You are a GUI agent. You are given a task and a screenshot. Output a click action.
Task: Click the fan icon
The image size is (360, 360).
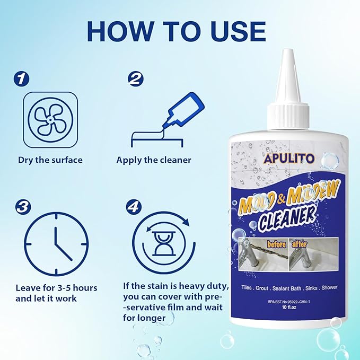pyautogui.click(x=50, y=121)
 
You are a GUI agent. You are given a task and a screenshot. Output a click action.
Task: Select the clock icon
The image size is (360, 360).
pyautogui.click(x=50, y=244)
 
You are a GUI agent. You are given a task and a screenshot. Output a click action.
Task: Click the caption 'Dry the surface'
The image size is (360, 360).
pyautogui.click(x=50, y=160)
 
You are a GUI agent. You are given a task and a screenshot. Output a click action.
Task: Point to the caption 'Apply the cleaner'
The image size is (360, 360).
pyautogui.click(x=154, y=160)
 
